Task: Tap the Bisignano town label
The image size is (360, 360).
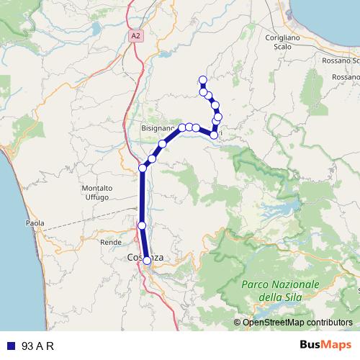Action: (157, 127)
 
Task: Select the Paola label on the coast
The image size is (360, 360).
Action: (35, 223)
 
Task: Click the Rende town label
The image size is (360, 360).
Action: (111, 243)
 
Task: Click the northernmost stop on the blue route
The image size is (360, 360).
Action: (202, 80)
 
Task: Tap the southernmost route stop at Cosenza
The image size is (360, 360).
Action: (147, 261)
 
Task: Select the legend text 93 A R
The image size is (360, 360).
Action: (37, 346)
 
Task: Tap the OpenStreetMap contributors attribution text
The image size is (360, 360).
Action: (297, 323)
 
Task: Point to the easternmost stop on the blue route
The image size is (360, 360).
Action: (218, 117)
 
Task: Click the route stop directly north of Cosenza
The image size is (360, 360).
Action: (142, 226)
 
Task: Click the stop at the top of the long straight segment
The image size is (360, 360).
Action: (143, 168)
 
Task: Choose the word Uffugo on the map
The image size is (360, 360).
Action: (96, 197)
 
